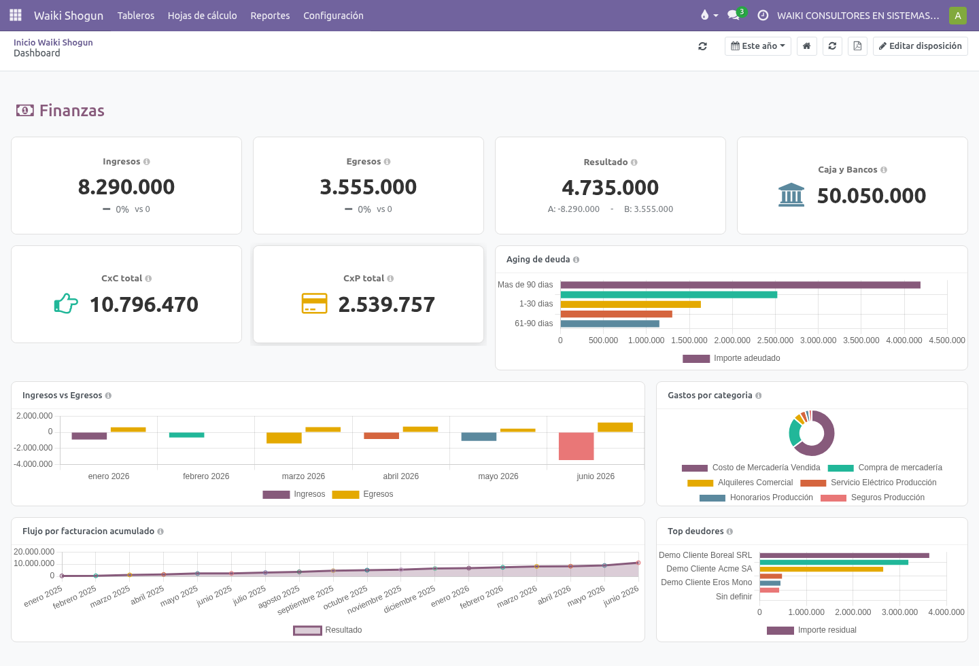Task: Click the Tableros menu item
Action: coord(135,16)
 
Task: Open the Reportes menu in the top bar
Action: coord(270,16)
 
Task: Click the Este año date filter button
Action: coord(757,46)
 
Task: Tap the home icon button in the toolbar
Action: coord(806,46)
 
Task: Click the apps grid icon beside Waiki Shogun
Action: coord(16,16)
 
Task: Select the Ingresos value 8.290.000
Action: coord(126,187)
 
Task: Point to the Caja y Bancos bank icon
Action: coord(791,195)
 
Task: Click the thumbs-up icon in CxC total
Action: coord(66,303)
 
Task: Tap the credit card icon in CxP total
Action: coord(314,303)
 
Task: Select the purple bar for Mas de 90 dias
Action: coord(740,285)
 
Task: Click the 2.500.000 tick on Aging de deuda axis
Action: coord(775,340)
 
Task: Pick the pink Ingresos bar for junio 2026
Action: coord(576,446)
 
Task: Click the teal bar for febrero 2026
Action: coord(186,435)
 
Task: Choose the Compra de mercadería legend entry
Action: coord(885,468)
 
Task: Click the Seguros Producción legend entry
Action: coord(872,497)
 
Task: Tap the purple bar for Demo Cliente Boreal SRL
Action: coord(844,555)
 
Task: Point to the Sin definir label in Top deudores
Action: coord(734,597)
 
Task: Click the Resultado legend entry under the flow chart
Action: coord(328,630)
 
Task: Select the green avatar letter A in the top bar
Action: coord(957,16)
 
